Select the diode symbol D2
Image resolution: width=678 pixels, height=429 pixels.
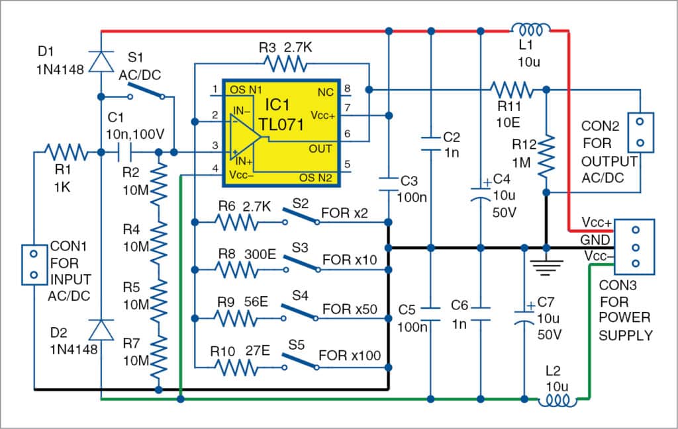tap(100, 329)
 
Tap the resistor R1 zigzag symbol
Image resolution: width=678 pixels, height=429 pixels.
tap(67, 153)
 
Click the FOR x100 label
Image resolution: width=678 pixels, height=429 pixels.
tap(350, 356)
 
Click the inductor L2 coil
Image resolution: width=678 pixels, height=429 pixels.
tap(556, 399)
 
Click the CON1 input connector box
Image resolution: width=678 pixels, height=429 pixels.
tap(32, 264)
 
